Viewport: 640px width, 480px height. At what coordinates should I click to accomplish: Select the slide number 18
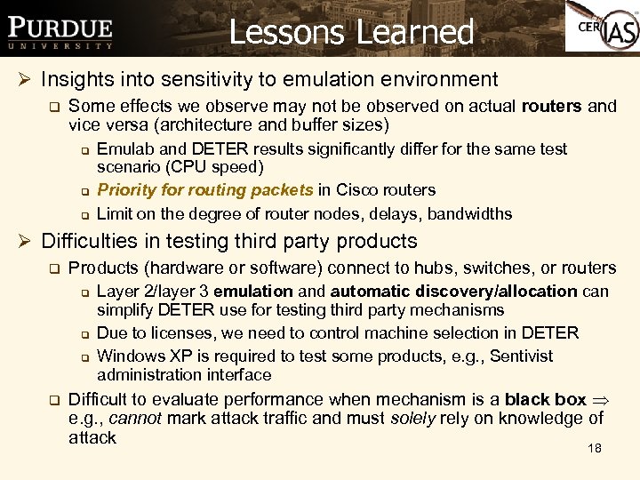tap(595, 448)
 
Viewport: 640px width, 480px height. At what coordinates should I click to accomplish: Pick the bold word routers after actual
tap(551, 106)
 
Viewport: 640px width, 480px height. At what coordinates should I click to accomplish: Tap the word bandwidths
tap(468, 213)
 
